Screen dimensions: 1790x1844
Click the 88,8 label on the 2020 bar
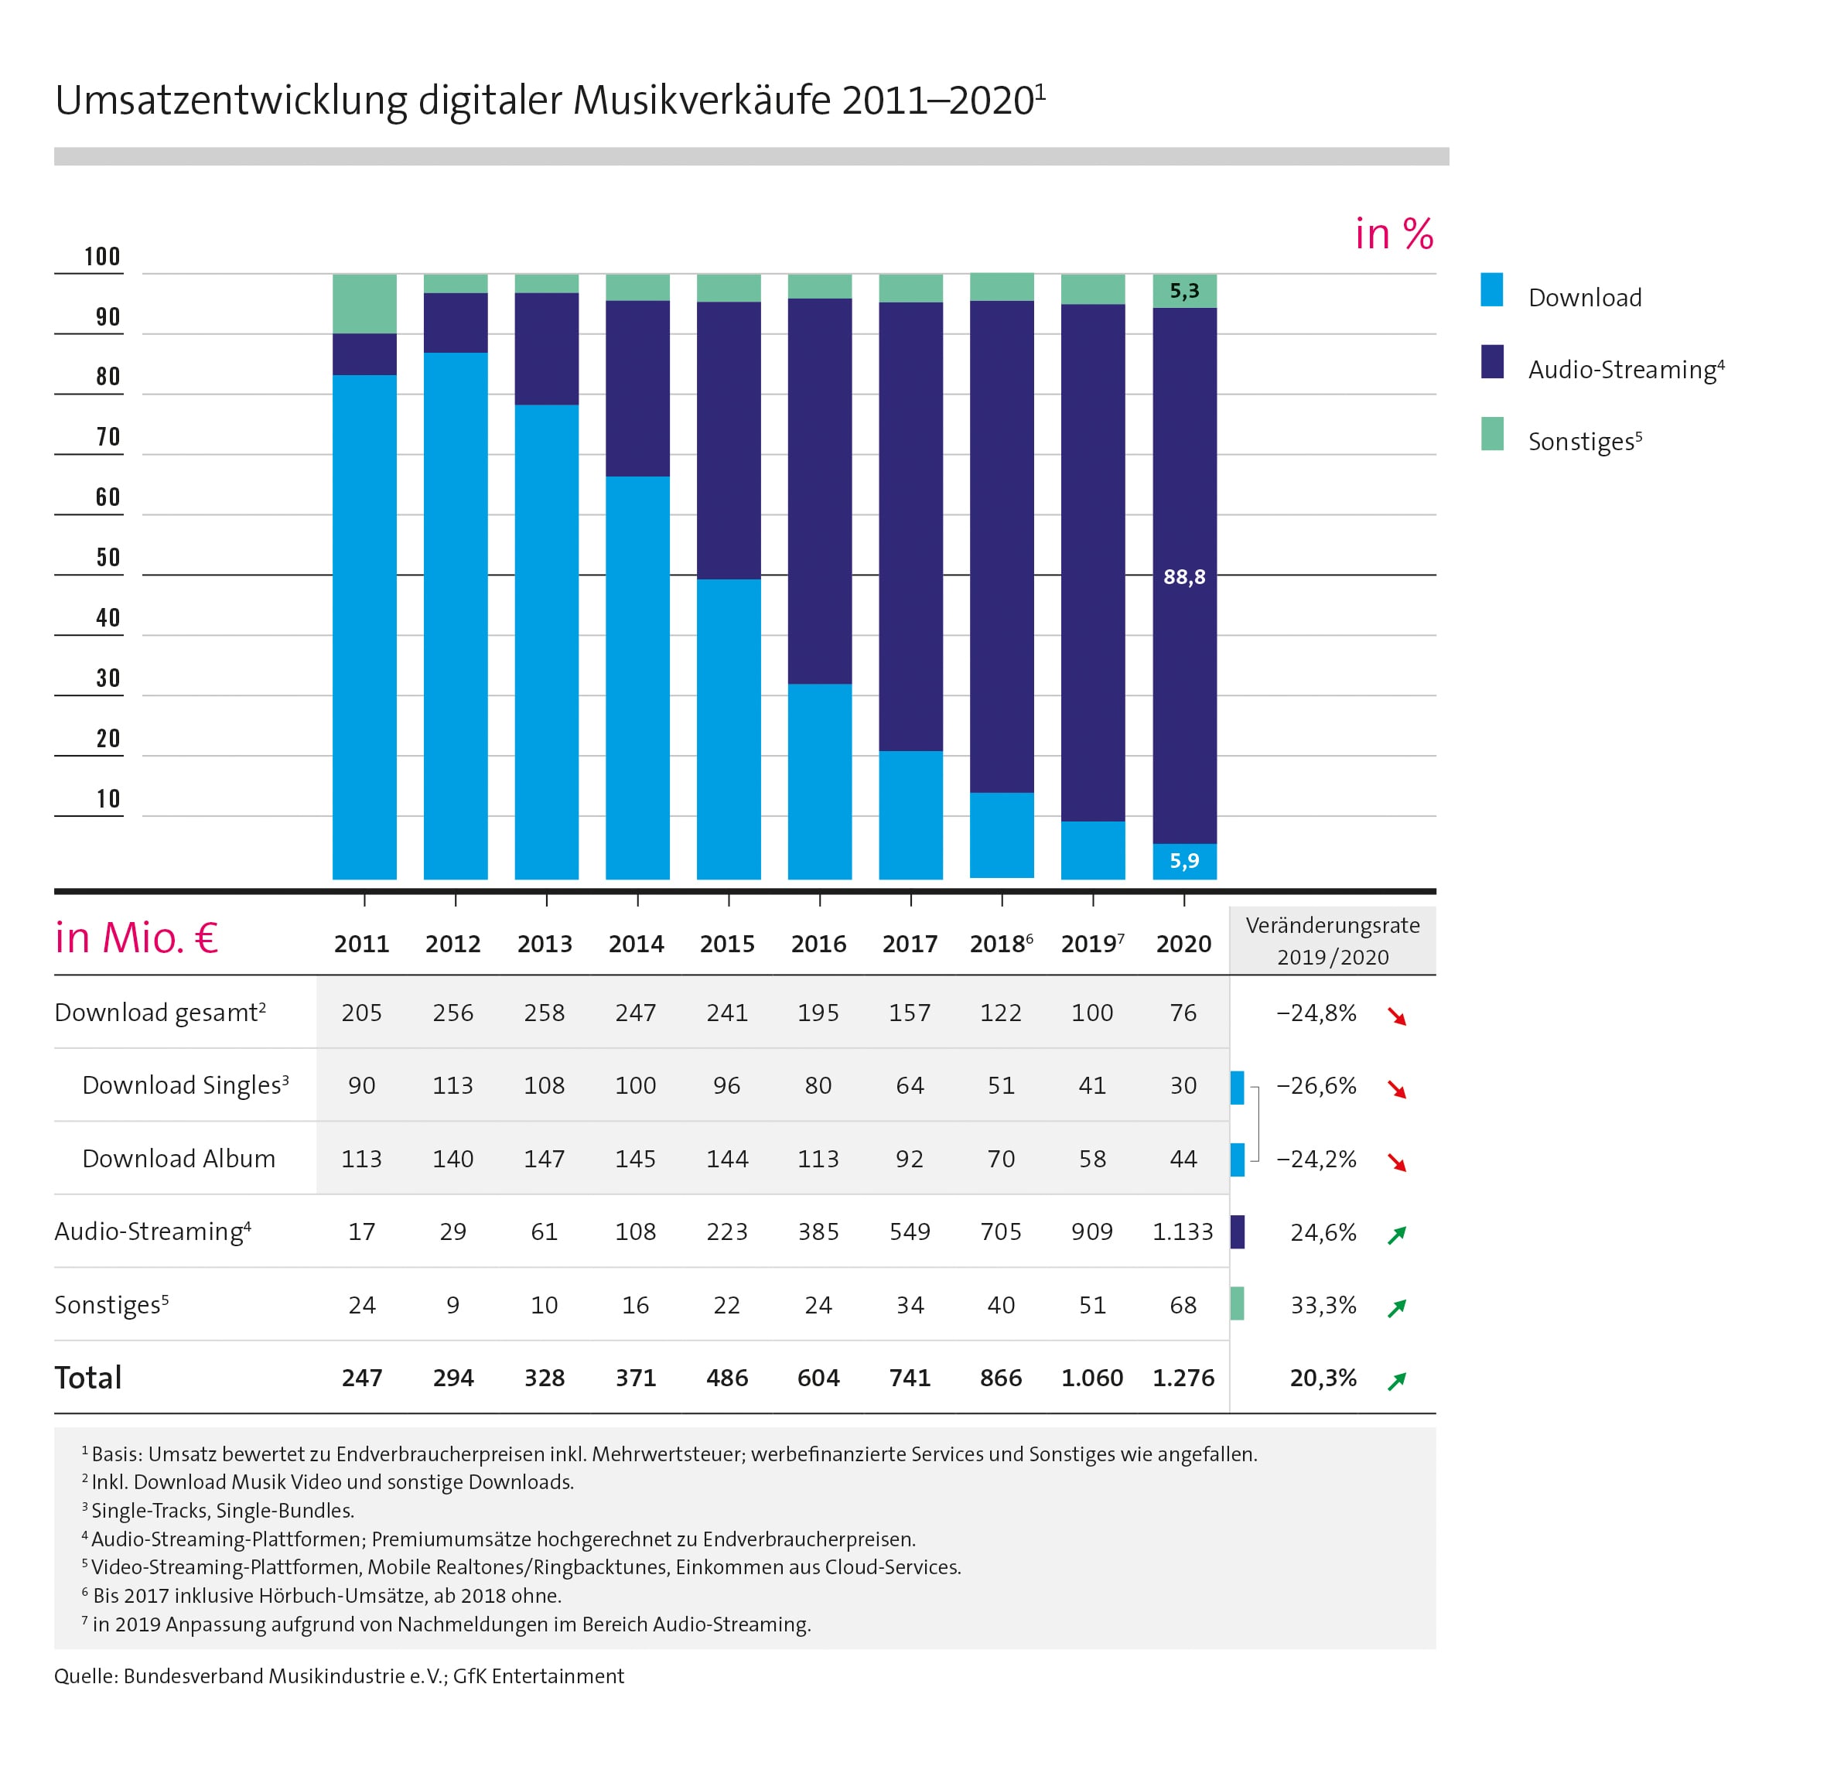coord(1183,577)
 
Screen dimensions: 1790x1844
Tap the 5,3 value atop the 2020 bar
coord(1183,291)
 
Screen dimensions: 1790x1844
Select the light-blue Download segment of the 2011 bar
coord(364,626)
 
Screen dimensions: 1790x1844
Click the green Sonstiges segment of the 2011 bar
coord(364,304)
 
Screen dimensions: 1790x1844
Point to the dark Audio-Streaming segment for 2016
coord(819,490)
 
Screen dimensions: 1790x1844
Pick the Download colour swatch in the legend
coord(1491,290)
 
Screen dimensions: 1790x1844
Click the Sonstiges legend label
coord(1584,442)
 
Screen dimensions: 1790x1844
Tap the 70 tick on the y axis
coord(108,438)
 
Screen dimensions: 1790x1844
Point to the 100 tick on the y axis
coord(101,257)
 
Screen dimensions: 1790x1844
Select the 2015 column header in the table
coord(727,944)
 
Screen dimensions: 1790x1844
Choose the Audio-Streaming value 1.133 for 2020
coord(1183,1232)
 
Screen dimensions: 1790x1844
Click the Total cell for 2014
coord(636,1378)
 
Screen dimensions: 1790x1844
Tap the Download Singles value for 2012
coord(452,1086)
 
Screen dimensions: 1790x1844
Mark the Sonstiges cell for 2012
coord(452,1305)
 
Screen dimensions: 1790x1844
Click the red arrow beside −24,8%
coord(1397,1016)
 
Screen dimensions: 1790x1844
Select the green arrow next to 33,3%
coord(1397,1307)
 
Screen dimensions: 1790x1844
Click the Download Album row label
coord(179,1159)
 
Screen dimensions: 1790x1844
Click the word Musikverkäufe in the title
coord(702,101)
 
